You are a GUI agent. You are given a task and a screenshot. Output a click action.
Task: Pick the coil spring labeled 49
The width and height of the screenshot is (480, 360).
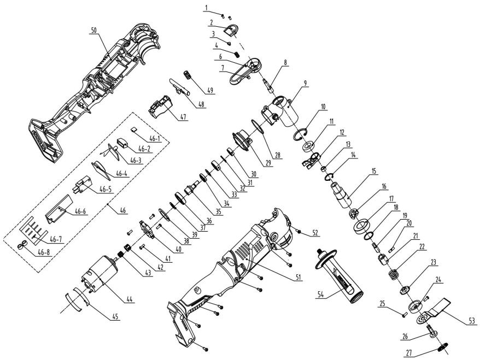pos(188,75)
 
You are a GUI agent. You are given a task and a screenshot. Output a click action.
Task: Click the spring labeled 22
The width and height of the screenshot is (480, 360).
pos(395,273)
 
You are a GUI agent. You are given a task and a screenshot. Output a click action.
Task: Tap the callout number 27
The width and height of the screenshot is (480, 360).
pos(409,353)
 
